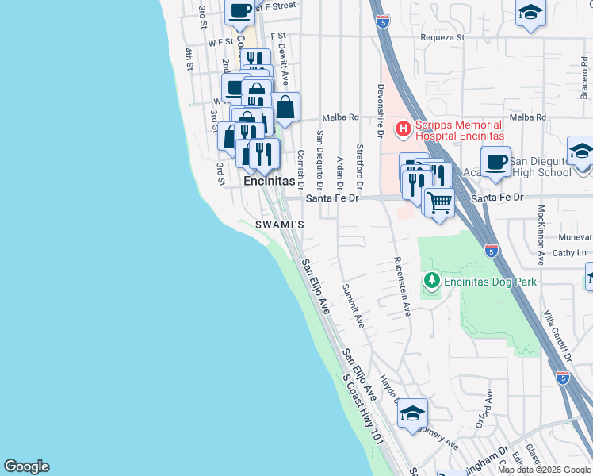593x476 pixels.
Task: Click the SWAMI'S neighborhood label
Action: [x=280, y=225]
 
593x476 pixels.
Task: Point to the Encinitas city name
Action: [x=269, y=181]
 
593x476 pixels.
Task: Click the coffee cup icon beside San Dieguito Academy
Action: [x=495, y=162]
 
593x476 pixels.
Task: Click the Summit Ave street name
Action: [x=352, y=306]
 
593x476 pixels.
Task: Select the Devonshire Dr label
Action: [x=381, y=111]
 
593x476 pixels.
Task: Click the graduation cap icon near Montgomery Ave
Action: [x=412, y=414]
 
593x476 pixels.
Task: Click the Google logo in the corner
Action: [x=26, y=466]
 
